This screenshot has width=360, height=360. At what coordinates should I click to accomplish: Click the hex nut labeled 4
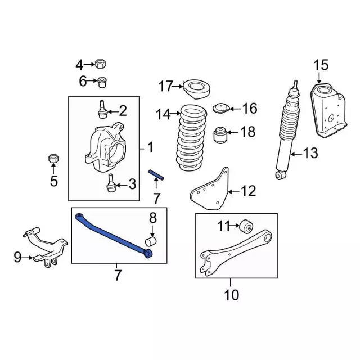coord(100,64)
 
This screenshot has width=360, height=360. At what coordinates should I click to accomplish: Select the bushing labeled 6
coord(102,82)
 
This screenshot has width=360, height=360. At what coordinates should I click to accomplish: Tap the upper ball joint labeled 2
coord(102,109)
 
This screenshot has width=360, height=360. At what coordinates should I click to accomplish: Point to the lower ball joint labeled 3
coord(111,183)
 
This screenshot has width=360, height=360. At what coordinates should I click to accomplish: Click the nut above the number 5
coord(53,158)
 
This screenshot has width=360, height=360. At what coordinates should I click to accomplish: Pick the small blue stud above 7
coord(156,175)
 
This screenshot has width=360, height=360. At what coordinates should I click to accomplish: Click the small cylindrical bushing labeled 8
coord(151,241)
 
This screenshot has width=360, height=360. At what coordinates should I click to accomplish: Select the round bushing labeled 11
coord(246,226)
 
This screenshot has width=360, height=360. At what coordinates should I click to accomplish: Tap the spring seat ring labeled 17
coord(196,89)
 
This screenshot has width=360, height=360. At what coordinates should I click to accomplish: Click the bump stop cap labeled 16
coord(222,108)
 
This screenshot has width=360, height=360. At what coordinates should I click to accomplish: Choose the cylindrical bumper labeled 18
coord(220,135)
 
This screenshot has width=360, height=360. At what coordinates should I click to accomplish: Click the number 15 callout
coord(321,65)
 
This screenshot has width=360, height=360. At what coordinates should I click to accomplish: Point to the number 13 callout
coord(310,153)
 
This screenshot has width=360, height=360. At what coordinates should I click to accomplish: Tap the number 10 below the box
coord(231,295)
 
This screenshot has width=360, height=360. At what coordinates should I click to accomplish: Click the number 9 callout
coord(17,257)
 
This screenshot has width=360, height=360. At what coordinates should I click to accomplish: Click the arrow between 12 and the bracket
coord(233,191)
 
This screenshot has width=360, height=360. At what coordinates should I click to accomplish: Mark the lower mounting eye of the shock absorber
coord(280,175)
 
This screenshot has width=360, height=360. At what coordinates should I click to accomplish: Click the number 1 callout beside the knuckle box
coord(150,147)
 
